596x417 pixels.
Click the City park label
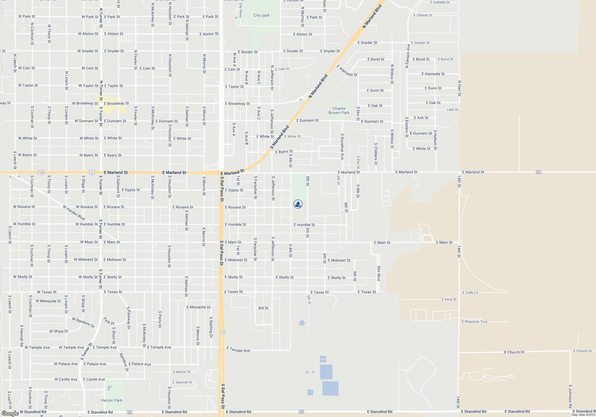[x=261, y=15]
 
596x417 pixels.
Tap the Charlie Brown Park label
[x=339, y=111]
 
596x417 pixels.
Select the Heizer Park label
[x=111, y=400]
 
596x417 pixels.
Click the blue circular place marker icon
[x=298, y=204]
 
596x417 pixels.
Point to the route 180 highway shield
[x=41, y=172]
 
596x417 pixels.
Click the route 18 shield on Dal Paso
[x=223, y=332]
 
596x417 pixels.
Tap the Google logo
[x=10, y=413]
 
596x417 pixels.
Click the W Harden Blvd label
[x=74, y=212]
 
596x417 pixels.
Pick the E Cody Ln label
[x=470, y=292]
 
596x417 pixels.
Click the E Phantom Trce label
[x=474, y=322]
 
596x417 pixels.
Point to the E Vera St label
[x=449, y=299]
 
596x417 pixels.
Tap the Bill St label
[x=263, y=308]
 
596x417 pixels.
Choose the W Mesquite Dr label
[x=48, y=301]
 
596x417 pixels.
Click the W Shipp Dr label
[x=59, y=331]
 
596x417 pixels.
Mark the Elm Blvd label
[x=379, y=273]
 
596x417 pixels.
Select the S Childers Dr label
[x=376, y=154]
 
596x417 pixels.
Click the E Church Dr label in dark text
[x=514, y=352]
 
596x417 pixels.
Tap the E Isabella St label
[x=440, y=2]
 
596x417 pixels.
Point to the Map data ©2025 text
[x=583, y=415]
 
